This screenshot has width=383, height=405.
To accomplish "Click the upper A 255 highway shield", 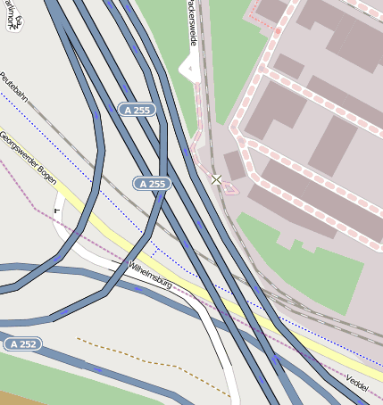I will (x=137, y=110).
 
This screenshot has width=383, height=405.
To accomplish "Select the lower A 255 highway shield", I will (x=152, y=184).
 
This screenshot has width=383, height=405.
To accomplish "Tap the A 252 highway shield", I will (x=22, y=343).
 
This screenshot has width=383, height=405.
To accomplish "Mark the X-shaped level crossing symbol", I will (x=216, y=180).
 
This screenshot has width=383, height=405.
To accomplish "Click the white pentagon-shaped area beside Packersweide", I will (x=189, y=68).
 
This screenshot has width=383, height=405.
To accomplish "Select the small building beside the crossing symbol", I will (x=235, y=165).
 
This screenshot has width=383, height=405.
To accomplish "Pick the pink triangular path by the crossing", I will (x=230, y=187).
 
